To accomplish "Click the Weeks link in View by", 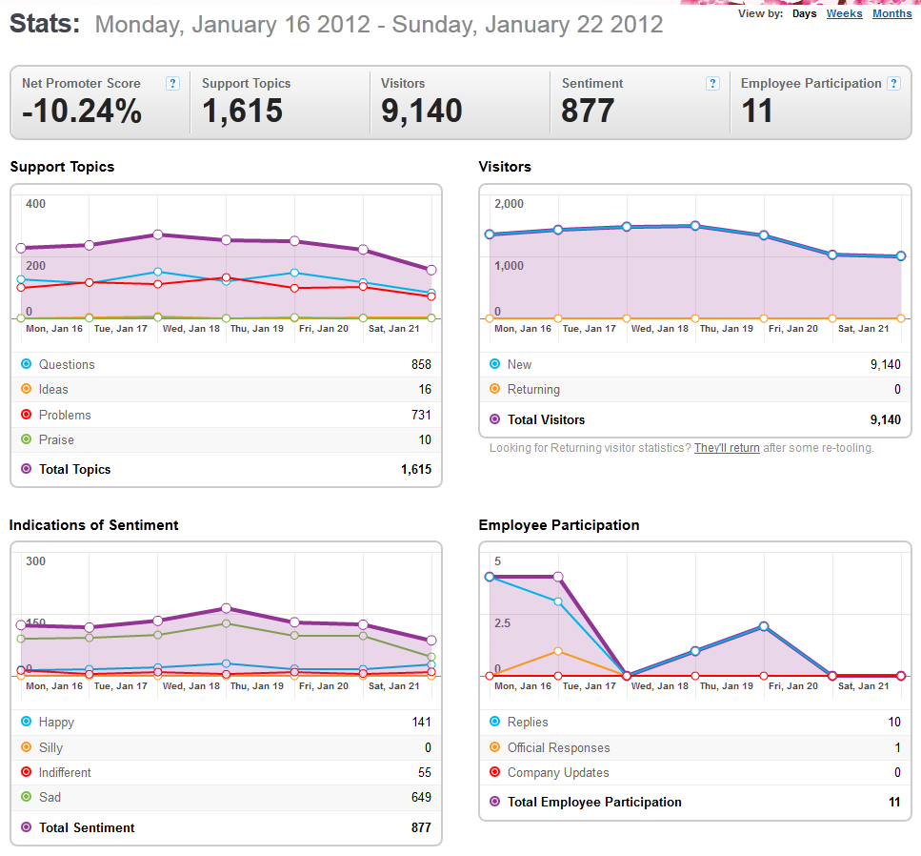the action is [x=844, y=13].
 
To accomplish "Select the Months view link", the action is [x=891, y=13].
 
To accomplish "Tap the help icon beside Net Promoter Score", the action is [x=172, y=84].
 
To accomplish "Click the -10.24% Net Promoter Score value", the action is [x=82, y=111].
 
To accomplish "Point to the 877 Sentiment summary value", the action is [x=588, y=111].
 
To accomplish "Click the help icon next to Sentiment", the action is [x=712, y=84].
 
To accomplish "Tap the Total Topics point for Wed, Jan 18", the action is [x=157, y=234].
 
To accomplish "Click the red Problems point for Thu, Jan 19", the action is [x=226, y=277].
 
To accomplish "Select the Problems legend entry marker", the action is [x=26, y=415].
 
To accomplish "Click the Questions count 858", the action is [x=421, y=364].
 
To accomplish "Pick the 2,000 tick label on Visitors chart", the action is [x=509, y=204].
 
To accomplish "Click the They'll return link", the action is [x=727, y=448].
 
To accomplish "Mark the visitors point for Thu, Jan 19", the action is [x=695, y=226].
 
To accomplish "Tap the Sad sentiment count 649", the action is [x=421, y=797].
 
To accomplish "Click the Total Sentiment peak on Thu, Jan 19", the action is [x=226, y=608].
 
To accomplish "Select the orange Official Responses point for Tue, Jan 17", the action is [x=558, y=651].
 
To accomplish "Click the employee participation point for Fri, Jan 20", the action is [x=764, y=626].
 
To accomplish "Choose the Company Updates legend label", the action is [x=558, y=772].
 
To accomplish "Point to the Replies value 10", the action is [x=894, y=722].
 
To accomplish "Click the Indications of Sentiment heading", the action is [x=93, y=525].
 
